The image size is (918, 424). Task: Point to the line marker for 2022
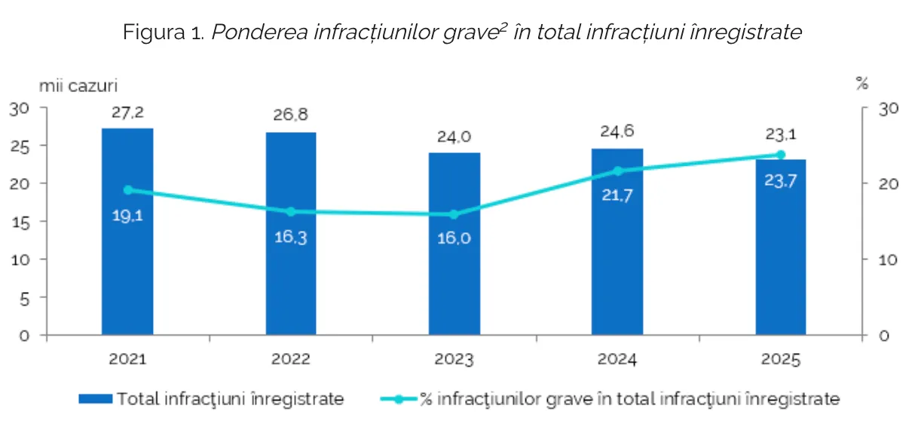click(291, 211)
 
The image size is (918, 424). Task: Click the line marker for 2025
click(781, 155)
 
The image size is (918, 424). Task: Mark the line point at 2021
click(127, 189)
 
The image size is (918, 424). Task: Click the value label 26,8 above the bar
click(291, 115)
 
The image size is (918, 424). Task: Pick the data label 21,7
click(618, 196)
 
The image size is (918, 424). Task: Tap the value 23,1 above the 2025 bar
click(782, 135)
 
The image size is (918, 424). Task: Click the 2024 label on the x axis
click(618, 360)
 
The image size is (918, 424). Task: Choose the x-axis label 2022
click(291, 360)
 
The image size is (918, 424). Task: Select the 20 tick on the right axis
click(889, 184)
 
